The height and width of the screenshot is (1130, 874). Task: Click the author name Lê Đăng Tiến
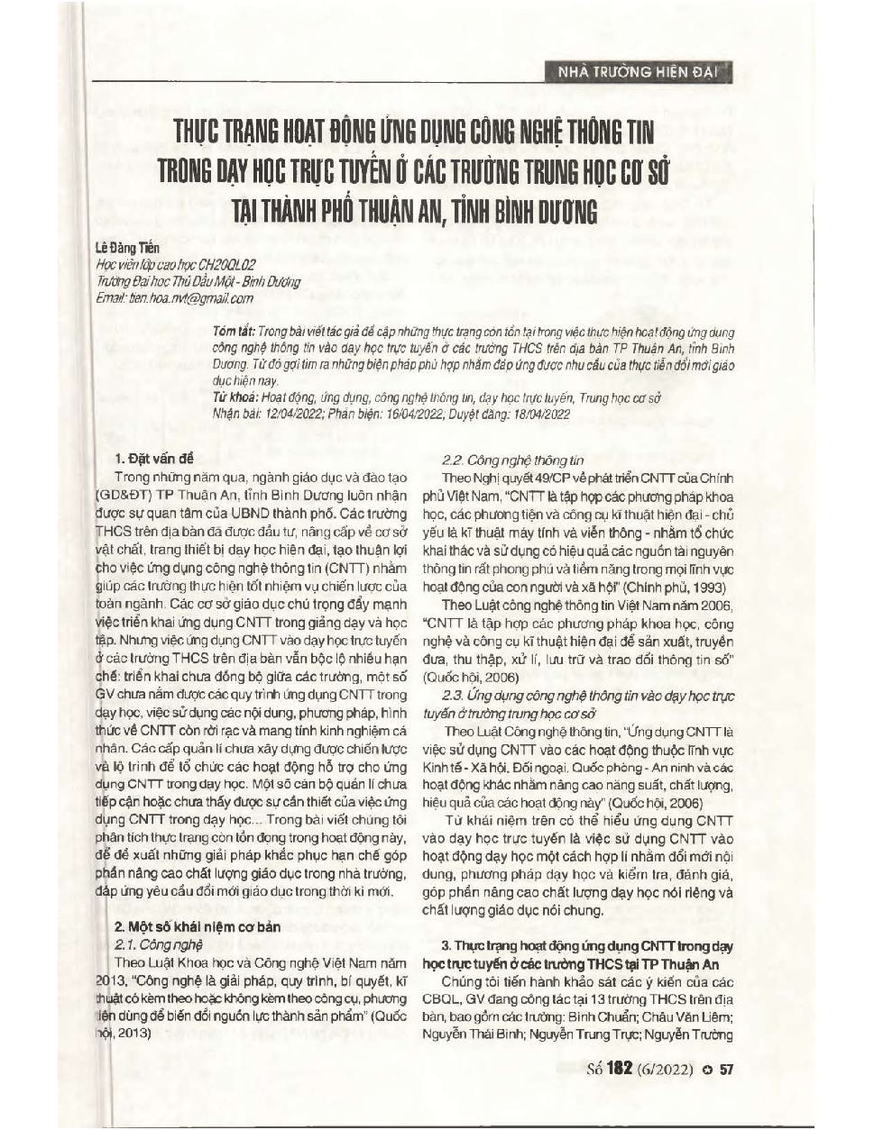[127, 248]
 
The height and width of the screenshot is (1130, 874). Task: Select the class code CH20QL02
[226, 265]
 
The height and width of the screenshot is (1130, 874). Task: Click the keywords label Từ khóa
[234, 397]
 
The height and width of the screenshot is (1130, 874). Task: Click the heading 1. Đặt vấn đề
[154, 459]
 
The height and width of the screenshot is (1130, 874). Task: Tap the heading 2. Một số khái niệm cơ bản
[198, 926]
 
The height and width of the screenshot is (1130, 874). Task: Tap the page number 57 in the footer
[727, 1070]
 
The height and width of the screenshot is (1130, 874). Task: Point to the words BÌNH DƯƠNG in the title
[542, 213]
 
